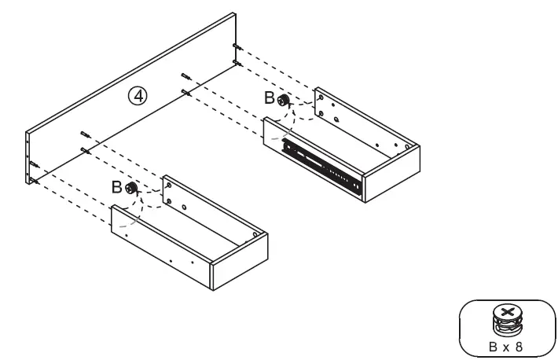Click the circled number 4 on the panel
click(138, 96)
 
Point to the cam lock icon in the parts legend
click(507, 319)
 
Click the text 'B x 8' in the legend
click(507, 343)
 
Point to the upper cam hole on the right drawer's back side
click(321, 99)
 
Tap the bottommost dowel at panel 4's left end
click(35, 180)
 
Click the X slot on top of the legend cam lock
click(507, 312)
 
